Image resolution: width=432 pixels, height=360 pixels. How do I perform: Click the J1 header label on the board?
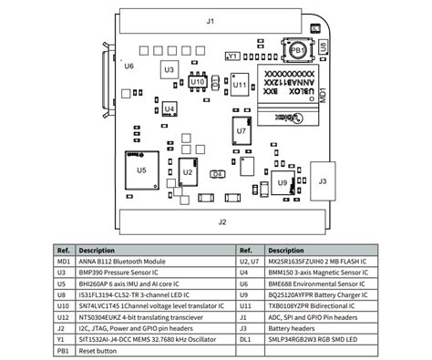pos(210,20)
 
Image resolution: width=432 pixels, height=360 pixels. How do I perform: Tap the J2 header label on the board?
pos(221,221)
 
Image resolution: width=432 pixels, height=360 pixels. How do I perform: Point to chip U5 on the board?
pos(141,170)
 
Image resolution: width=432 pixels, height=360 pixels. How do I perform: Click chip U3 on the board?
pos(169,69)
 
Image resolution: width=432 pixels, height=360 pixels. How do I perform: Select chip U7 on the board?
pos(241,131)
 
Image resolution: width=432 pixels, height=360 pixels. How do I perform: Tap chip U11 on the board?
pos(239,85)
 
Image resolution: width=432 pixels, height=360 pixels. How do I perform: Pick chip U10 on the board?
pos(198,82)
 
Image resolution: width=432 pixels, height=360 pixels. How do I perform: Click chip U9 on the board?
pos(283,183)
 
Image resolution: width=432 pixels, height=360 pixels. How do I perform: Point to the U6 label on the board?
pos(129,67)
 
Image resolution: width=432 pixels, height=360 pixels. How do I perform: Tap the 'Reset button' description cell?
pos(99,351)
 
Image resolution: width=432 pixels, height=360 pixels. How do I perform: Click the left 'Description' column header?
pos(98,250)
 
